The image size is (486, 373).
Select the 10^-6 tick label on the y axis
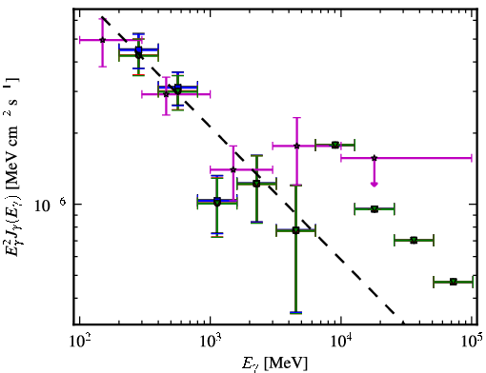(50, 205)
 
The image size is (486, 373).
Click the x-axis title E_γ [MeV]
(274, 363)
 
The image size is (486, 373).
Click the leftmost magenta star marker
(102, 40)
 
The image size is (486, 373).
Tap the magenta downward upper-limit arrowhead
(375, 185)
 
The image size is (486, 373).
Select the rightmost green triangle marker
(454, 282)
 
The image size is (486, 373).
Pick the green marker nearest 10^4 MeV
(334, 145)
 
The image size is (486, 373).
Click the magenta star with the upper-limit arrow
(375, 158)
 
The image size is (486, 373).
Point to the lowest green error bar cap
(295, 313)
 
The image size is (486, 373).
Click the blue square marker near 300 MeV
(138, 49)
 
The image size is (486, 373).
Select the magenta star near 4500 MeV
(297, 146)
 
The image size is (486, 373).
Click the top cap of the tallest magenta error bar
(297, 118)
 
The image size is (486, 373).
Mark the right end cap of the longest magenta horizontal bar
(472, 158)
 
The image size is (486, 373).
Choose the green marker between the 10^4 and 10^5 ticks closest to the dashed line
(375, 209)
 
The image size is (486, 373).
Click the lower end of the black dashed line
(394, 313)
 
